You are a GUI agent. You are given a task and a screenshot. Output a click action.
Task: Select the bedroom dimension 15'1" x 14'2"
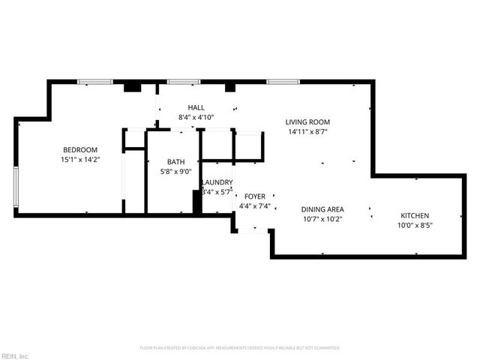[x=79, y=160]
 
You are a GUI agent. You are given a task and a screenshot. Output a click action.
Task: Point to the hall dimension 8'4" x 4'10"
[x=196, y=118]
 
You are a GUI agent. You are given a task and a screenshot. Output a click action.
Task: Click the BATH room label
[x=176, y=161]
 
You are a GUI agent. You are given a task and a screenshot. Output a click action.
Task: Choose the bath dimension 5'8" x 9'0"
[x=176, y=171]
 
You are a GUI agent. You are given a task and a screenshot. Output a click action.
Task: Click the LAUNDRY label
[x=217, y=182]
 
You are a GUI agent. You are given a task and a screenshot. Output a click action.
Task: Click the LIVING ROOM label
[x=307, y=122]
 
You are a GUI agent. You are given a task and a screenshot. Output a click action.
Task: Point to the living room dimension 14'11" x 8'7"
[x=307, y=132]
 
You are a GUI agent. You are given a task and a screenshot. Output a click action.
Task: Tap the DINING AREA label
[x=322, y=210]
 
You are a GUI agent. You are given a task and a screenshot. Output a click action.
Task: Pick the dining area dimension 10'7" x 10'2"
[x=322, y=220]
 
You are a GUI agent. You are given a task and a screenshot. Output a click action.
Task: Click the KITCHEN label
[x=415, y=215]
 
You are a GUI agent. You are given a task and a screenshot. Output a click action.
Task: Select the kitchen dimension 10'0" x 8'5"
[x=415, y=225]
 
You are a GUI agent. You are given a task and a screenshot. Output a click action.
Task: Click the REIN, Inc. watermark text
[x=15, y=355]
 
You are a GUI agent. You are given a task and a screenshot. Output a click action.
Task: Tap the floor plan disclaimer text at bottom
[x=240, y=348]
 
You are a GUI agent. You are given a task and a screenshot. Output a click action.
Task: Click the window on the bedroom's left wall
[x=16, y=188]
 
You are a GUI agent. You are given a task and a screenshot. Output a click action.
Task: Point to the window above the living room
[x=283, y=81]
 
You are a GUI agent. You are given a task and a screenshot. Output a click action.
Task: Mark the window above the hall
[x=183, y=81]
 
